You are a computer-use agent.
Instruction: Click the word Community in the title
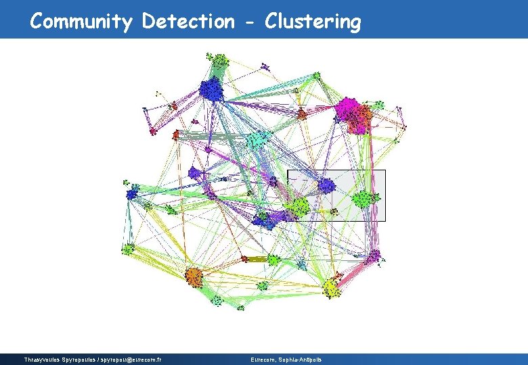(x=81, y=22)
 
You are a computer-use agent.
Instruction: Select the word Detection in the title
(x=188, y=22)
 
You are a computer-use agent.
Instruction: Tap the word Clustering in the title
(x=313, y=22)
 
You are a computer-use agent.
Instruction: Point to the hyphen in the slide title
(x=250, y=22)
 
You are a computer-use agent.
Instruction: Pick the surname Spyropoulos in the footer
(x=83, y=359)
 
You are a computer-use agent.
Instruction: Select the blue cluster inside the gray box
(x=326, y=185)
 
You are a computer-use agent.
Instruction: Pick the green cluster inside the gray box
(x=364, y=199)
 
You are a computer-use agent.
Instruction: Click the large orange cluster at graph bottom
(x=194, y=276)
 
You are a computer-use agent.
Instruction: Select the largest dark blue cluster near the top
(x=212, y=89)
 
